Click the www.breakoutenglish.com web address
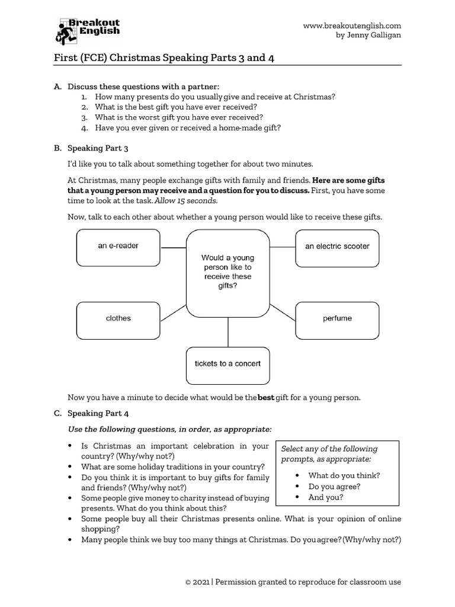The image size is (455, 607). [x=352, y=25]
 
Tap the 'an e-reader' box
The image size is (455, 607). [x=118, y=247]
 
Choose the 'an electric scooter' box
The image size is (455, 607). [x=337, y=247]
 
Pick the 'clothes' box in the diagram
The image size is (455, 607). [x=118, y=320]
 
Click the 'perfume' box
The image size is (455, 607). [x=337, y=320]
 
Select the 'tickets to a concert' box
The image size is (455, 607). [x=227, y=365]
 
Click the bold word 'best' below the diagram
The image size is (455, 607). [x=266, y=397]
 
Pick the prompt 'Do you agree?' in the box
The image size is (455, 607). [x=334, y=487]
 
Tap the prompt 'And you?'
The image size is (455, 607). [x=325, y=497]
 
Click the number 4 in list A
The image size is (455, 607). [x=85, y=127]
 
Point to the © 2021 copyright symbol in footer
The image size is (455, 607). [x=188, y=582]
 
